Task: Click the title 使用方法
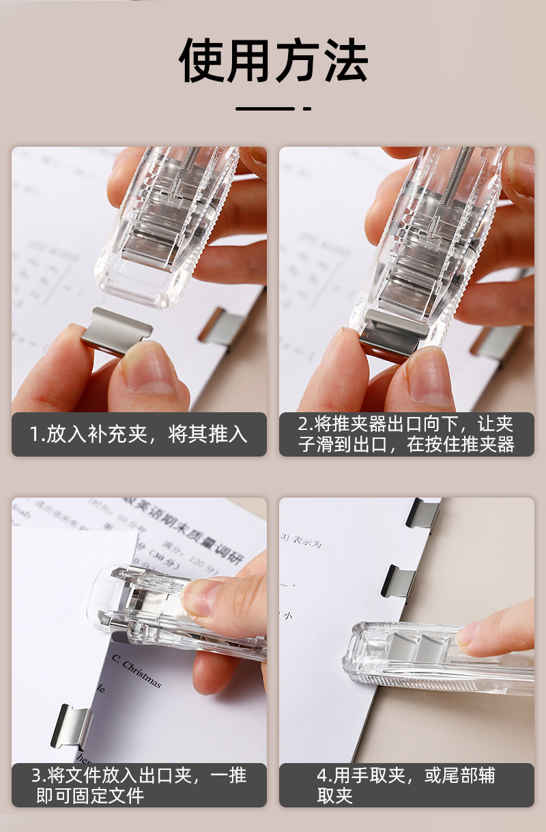(273, 61)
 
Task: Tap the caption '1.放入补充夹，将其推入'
(139, 434)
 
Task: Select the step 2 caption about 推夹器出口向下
(406, 434)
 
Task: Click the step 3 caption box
(139, 785)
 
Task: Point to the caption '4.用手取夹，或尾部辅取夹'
(406, 785)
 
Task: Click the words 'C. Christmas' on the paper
(136, 672)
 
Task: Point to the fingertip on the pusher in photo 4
(478, 631)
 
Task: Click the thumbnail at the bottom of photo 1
(147, 369)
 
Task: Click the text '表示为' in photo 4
(307, 543)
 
